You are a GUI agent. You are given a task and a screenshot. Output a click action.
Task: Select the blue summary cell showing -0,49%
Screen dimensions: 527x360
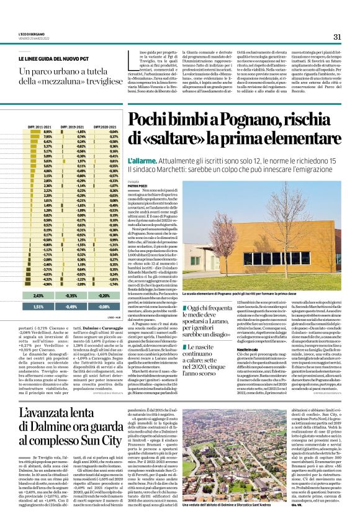coord(73,306)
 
